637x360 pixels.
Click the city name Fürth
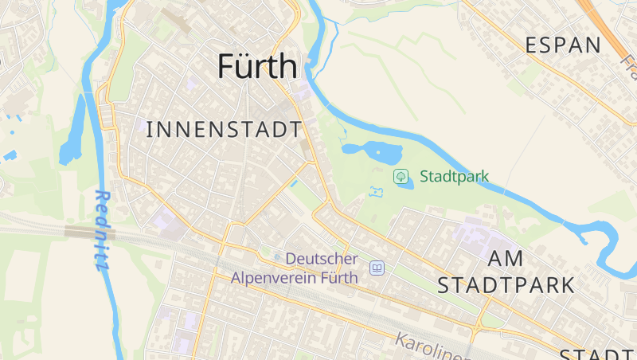(257, 66)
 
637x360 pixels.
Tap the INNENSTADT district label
(225, 129)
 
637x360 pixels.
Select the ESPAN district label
(563, 45)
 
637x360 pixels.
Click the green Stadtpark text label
(454, 176)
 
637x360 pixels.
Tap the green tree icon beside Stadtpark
(401, 175)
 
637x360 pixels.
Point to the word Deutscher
(322, 259)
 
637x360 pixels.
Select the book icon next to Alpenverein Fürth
(377, 268)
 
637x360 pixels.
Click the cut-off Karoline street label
(430, 344)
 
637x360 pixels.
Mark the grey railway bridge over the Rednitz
(89, 233)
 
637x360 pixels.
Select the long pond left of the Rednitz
(73, 131)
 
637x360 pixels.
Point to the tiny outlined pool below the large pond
(377, 192)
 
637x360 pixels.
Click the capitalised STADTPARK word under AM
(506, 285)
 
